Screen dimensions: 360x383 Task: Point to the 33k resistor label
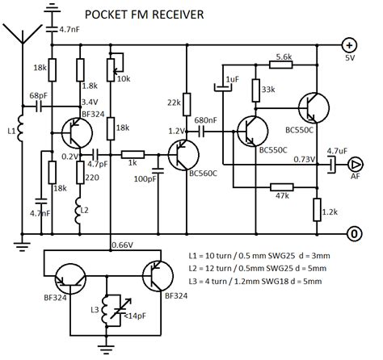point(269,90)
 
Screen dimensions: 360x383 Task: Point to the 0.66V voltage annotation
point(121,245)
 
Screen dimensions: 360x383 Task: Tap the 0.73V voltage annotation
point(305,159)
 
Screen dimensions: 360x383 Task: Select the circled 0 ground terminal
point(353,236)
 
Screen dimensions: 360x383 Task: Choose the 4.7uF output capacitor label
point(338,150)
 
